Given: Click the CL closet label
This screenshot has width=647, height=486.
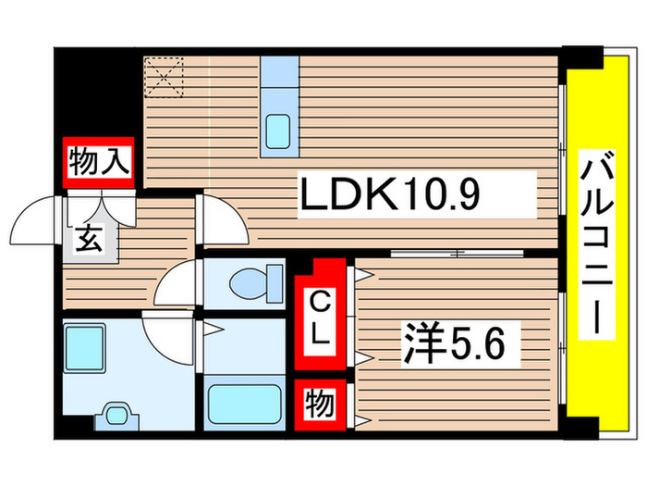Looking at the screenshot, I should (320, 317).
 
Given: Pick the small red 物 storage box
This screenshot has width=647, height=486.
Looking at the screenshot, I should (320, 404).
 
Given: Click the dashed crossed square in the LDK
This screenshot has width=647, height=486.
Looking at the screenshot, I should (165, 76).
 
